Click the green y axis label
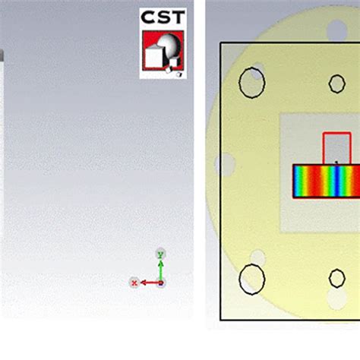click(x=159, y=253)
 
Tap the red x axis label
click(x=134, y=283)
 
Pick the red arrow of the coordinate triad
click(x=149, y=283)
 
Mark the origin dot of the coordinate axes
click(x=161, y=283)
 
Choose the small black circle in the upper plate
click(x=336, y=84)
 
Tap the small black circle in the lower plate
click(x=336, y=279)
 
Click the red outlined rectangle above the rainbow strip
click(x=336, y=148)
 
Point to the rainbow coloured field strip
click(x=326, y=181)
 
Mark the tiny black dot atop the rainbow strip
click(x=336, y=162)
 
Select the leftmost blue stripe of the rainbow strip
click(x=298, y=181)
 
